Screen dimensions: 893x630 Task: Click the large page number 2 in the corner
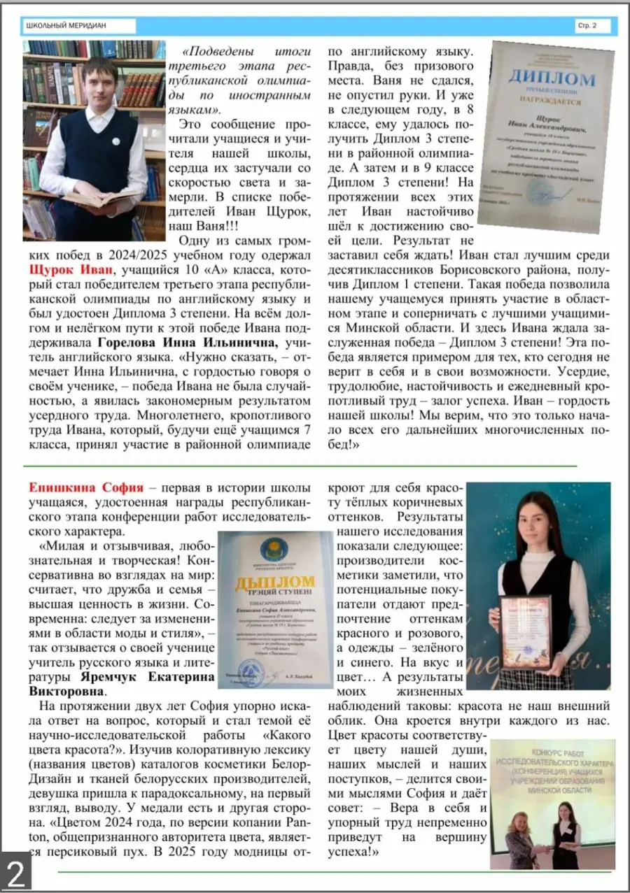pos(15,874)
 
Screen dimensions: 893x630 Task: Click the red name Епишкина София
pos(86,487)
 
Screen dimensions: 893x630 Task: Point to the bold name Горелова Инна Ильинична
pos(188,343)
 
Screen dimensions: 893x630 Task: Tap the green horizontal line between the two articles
pos(301,465)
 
